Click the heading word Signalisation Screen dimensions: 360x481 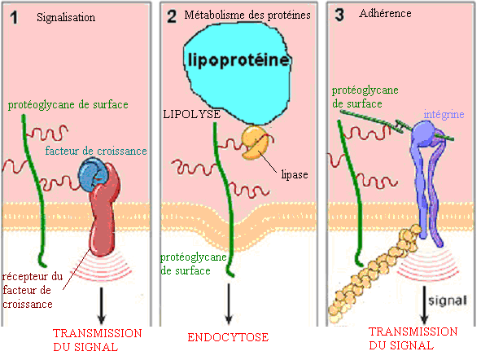66,17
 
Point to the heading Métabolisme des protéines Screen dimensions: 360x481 253,16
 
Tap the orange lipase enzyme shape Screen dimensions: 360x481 253,143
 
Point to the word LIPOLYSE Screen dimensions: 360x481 192,116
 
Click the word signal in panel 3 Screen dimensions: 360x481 451,300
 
